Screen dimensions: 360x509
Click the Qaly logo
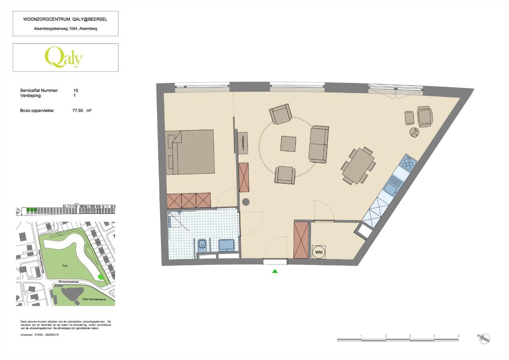(64, 57)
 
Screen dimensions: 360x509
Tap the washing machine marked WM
(319, 252)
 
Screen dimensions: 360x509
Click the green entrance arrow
(275, 271)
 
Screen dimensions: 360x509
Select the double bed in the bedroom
(190, 152)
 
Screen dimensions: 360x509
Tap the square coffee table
(288, 144)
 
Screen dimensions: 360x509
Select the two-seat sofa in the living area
(319, 144)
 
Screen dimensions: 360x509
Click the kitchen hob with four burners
(409, 163)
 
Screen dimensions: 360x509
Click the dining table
(359, 166)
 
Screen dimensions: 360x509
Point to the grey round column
(246, 202)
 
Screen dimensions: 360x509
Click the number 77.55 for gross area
(78, 110)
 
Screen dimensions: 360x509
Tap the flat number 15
(76, 91)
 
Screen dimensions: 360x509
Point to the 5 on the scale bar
(458, 336)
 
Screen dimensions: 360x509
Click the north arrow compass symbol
(484, 338)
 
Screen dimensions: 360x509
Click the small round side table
(414, 132)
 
